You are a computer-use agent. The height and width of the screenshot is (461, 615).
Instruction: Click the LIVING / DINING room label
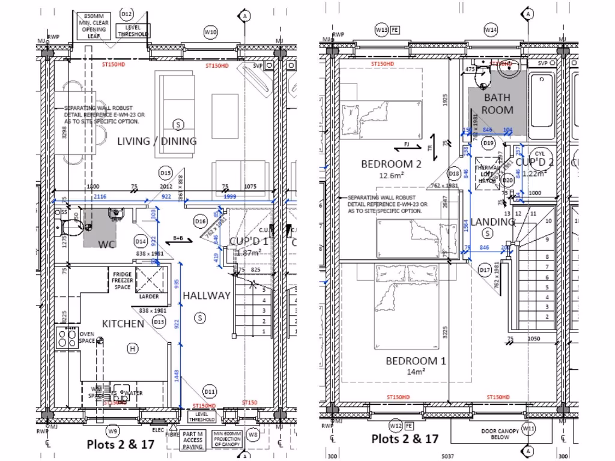click(x=157, y=142)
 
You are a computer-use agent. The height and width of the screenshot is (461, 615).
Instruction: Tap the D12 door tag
click(x=126, y=13)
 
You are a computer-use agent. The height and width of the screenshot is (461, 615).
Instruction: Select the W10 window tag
click(x=210, y=31)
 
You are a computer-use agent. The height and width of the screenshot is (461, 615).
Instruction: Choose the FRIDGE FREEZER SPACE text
click(x=123, y=280)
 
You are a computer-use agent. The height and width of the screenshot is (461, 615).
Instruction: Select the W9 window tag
click(x=112, y=431)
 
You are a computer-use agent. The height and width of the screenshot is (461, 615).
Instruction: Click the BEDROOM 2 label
click(x=387, y=164)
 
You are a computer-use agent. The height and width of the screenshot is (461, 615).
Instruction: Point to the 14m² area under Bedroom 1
click(x=416, y=372)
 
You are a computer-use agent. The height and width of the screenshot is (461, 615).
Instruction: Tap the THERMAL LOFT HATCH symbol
click(x=485, y=170)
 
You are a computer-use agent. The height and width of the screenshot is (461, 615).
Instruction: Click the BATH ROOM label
click(x=497, y=103)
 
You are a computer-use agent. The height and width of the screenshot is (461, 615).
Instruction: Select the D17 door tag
click(x=485, y=270)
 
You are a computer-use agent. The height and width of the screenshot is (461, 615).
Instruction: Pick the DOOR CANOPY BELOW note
click(x=500, y=434)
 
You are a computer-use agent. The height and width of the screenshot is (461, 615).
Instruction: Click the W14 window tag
click(x=491, y=29)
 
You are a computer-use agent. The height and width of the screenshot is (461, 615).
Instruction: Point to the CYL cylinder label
click(x=539, y=154)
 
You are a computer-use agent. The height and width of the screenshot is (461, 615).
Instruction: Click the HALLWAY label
click(x=207, y=295)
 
